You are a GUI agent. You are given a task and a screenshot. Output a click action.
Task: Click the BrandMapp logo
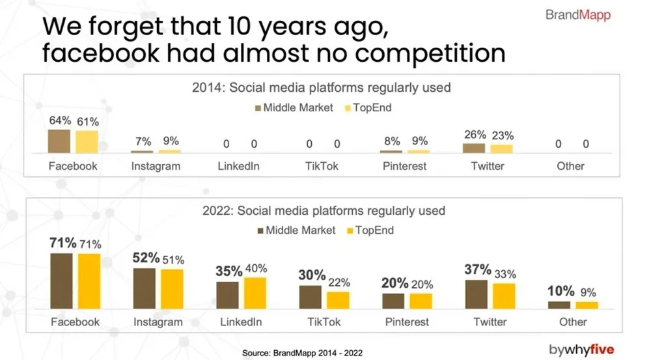pyautogui.click(x=578, y=15)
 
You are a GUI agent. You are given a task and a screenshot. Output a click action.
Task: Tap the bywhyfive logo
pyautogui.click(x=581, y=350)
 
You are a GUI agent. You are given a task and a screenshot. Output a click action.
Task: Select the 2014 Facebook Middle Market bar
pyautogui.click(x=59, y=141)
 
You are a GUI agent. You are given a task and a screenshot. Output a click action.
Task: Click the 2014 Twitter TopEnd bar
pyautogui.click(x=501, y=149)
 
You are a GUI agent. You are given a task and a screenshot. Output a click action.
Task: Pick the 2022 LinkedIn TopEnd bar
pyautogui.click(x=255, y=293)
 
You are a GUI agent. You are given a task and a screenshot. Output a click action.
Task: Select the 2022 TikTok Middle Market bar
pyautogui.click(x=310, y=297)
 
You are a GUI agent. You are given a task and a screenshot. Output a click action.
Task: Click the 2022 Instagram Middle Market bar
pyautogui.click(x=145, y=288)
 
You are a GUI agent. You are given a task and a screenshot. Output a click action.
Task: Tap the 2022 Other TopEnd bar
pyautogui.click(x=587, y=305)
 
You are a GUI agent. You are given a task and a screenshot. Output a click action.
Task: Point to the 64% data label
pyautogui.click(x=60, y=120)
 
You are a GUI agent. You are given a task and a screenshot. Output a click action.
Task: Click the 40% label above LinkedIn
pyautogui.click(x=256, y=269)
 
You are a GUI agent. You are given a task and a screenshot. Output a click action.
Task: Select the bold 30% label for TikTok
pyautogui.click(x=312, y=275)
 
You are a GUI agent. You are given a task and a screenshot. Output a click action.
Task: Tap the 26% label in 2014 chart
pyautogui.click(x=475, y=135)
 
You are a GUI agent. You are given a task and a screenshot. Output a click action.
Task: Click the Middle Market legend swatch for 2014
pyautogui.click(x=258, y=108)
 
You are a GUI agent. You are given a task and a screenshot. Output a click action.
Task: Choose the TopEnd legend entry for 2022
pyautogui.click(x=370, y=230)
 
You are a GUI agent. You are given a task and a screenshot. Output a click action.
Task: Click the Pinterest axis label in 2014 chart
pyautogui.click(x=404, y=166)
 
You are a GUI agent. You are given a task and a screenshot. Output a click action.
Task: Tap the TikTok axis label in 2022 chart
pyautogui.click(x=324, y=322)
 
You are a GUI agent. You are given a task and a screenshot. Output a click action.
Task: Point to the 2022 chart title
pyautogui.click(x=324, y=210)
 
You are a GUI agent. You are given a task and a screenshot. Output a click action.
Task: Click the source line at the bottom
pyautogui.click(x=302, y=353)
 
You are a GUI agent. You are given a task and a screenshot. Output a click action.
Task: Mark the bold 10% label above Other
pyautogui.click(x=561, y=291)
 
